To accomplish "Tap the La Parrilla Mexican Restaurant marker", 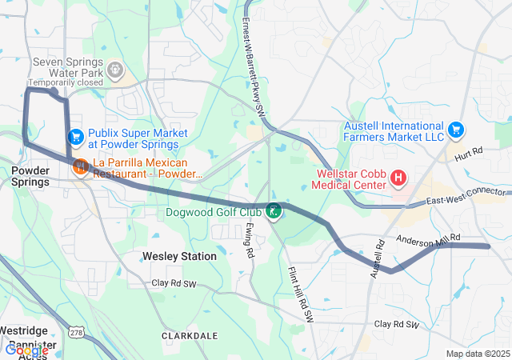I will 81,167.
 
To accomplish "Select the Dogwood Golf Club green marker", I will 274,211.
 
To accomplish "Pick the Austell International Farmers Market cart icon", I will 456,129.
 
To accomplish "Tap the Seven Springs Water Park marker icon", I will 117,70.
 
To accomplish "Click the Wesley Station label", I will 179,256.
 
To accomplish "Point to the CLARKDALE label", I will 190,335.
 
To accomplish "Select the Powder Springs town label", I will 30,176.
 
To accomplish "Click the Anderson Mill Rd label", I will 429,238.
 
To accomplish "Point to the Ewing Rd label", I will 250,240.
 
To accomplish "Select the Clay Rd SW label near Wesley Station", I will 174,283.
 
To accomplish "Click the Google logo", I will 26,350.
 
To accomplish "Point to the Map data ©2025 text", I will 477,354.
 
